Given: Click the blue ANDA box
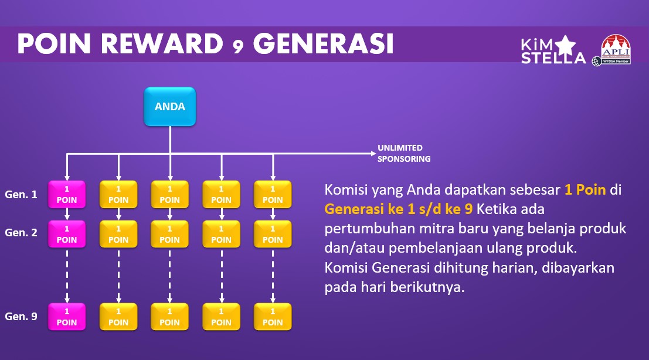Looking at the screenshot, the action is (169, 106).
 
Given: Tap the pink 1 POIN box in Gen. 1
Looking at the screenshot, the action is (67, 194).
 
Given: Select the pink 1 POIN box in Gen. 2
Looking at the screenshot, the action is (67, 234).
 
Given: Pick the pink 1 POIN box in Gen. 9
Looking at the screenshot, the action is (67, 317).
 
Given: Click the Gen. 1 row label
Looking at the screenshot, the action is (21, 194).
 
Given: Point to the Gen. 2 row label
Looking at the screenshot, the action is (21, 233).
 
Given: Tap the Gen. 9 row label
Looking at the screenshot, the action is (21, 316).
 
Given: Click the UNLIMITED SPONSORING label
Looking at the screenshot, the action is (404, 153).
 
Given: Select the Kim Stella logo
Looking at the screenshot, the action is (553, 50).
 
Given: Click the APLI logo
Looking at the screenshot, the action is (613, 50).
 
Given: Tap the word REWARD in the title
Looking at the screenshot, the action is (162, 44).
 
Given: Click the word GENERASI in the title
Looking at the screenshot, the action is (323, 44).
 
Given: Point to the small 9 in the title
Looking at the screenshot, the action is (238, 47).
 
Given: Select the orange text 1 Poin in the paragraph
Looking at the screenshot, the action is (585, 189).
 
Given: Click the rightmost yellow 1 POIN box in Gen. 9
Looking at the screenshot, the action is (273, 317).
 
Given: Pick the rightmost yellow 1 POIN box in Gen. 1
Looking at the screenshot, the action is (273, 194).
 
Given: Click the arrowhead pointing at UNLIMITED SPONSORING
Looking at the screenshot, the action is (373, 154).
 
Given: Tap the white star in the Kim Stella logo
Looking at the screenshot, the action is (565, 45).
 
